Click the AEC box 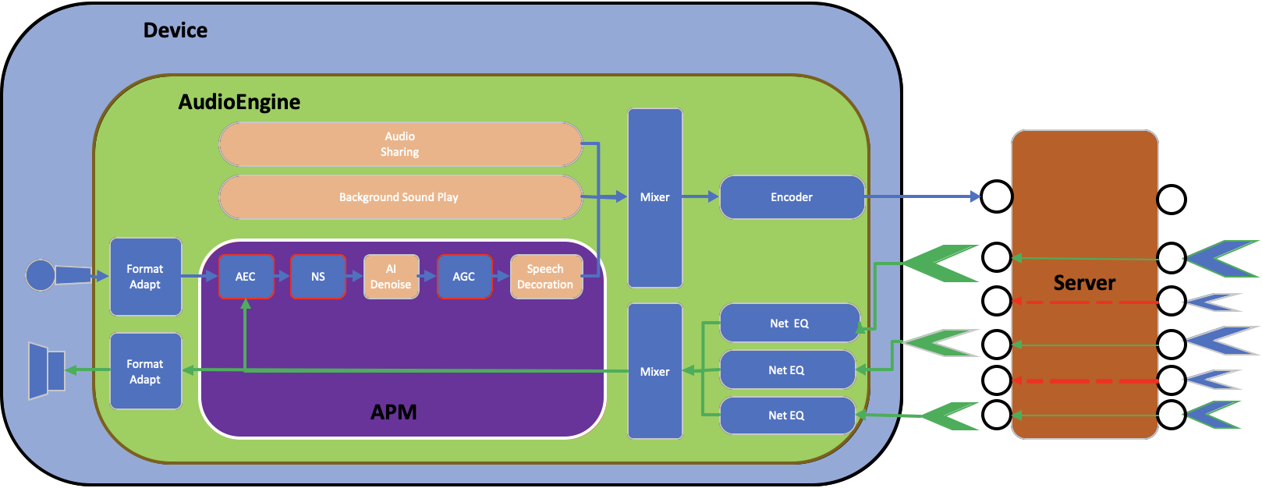246,277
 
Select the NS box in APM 317,277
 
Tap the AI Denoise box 391,277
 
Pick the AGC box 464,277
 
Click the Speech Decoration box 546,277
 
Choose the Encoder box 792,197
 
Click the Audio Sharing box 400,144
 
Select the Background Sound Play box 400,197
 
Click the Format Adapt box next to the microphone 146,277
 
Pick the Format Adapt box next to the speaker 146,371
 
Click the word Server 1084,283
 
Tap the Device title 175,30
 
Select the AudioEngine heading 239,102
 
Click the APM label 393,412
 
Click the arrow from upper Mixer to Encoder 700,197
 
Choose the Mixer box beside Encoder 655,198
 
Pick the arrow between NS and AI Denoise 354,276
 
